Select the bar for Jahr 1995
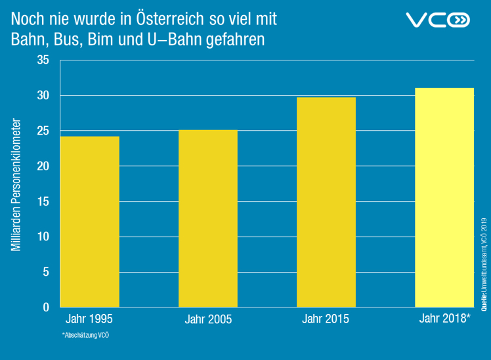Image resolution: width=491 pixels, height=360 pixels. [x=89, y=221]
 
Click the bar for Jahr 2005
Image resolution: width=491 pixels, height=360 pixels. [x=207, y=218]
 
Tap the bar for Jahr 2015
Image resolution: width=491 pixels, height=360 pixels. [x=326, y=202]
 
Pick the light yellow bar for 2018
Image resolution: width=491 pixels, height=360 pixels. [x=444, y=197]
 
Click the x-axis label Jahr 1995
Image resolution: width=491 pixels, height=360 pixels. [x=89, y=319]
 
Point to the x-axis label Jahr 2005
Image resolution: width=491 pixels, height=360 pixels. [x=208, y=320]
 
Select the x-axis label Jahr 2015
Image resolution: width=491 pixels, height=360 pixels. [x=326, y=319]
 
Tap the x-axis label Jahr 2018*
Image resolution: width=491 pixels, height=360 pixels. [x=444, y=319]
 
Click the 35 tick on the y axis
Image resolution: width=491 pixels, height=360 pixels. [x=43, y=60]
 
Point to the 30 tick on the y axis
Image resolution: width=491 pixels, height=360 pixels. [x=43, y=96]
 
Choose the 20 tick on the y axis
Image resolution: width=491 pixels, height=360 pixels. [x=43, y=166]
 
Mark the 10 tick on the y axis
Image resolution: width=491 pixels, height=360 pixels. [x=43, y=236]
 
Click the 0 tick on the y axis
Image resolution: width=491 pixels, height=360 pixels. [x=46, y=307]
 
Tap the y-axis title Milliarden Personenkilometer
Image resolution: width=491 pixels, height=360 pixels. [x=17, y=185]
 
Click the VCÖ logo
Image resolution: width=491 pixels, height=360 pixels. [x=438, y=20]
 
